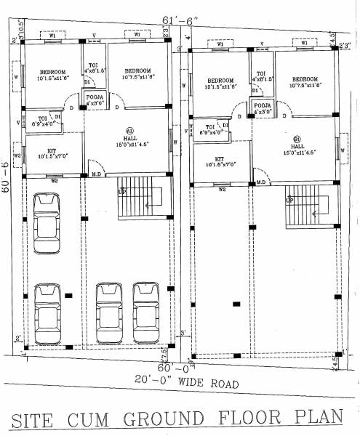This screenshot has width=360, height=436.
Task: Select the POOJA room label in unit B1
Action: (x=263, y=106)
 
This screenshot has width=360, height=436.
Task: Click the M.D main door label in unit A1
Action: (x=95, y=174)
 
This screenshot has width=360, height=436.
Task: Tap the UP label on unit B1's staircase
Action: (x=289, y=199)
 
